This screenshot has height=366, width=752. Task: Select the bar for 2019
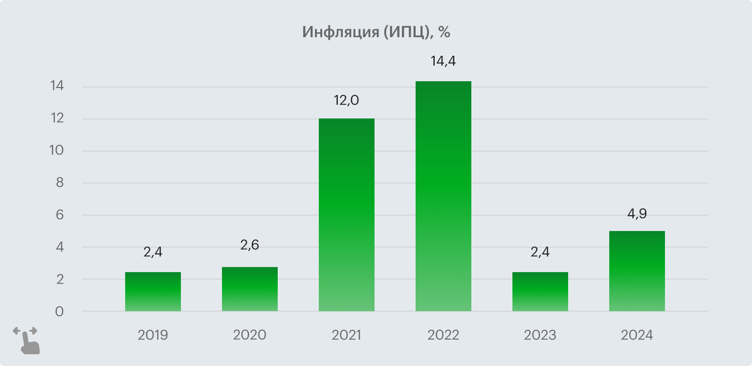click(153, 292)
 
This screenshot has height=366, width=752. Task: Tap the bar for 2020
click(249, 289)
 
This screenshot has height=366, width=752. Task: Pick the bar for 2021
click(346, 215)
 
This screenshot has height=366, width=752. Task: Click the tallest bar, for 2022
click(443, 196)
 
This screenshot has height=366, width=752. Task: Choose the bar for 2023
click(540, 292)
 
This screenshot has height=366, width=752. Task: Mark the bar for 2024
click(637, 271)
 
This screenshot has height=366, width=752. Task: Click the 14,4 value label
click(443, 62)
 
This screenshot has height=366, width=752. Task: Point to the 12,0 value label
click(346, 100)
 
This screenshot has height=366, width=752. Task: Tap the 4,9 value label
click(637, 214)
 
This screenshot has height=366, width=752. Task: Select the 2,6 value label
click(249, 245)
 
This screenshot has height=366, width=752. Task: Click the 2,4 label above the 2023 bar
click(540, 252)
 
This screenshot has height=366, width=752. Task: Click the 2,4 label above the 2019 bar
click(153, 252)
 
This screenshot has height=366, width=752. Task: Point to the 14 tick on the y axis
click(57, 87)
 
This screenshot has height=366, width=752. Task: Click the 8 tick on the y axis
click(59, 183)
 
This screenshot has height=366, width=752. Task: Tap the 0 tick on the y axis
click(59, 312)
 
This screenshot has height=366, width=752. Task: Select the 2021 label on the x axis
click(346, 336)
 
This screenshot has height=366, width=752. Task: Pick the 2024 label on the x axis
click(637, 336)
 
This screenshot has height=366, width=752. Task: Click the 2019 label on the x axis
click(153, 336)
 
